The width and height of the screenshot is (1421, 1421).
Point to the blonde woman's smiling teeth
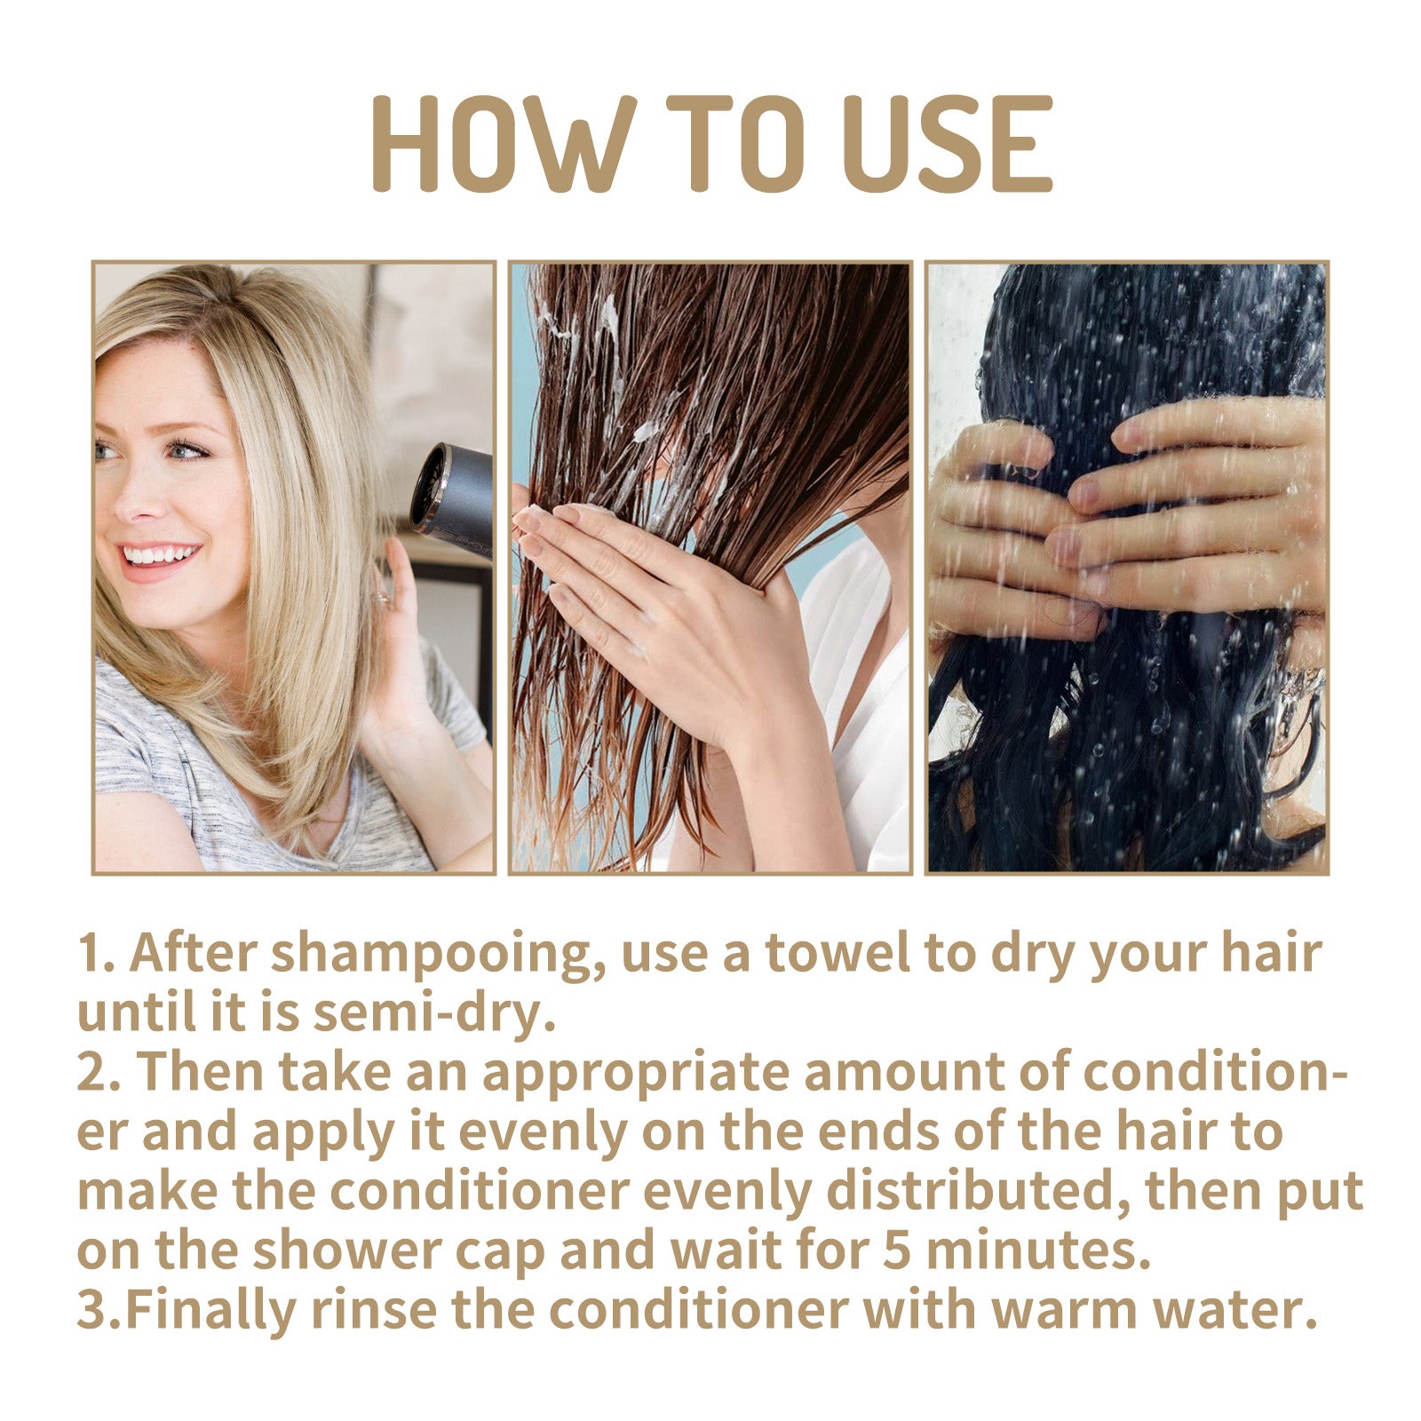tap(160, 556)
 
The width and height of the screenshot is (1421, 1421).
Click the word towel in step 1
tap(837, 954)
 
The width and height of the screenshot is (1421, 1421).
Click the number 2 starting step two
tap(91, 1073)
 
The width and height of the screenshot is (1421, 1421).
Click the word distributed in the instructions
tap(977, 1192)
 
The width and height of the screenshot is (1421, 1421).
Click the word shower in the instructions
tap(346, 1250)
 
